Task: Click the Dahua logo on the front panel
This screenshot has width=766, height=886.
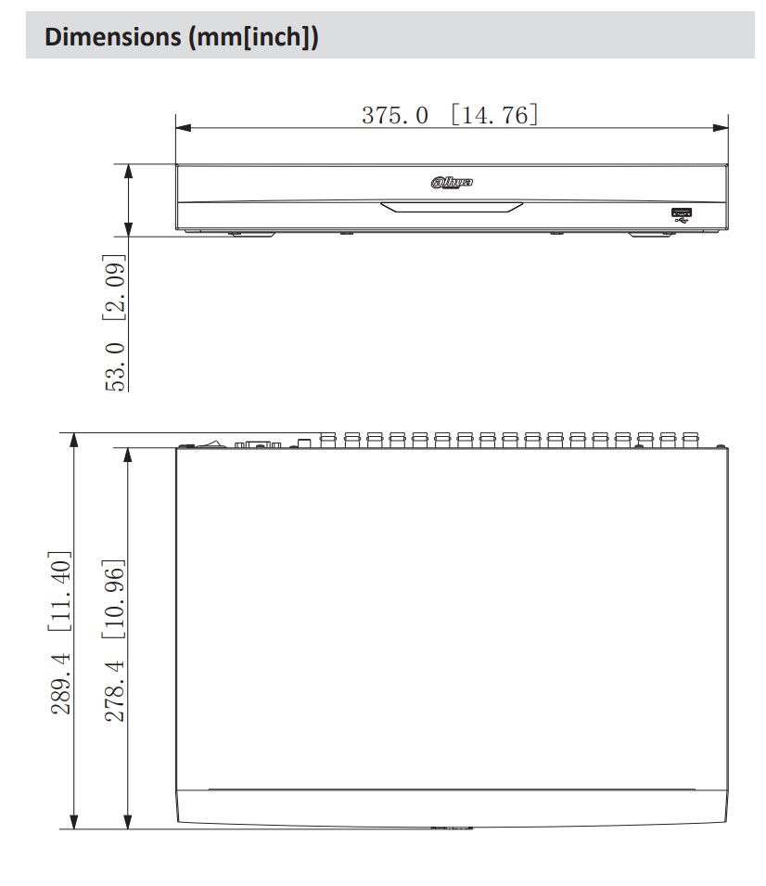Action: tap(452, 183)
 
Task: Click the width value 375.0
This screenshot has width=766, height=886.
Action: tap(395, 115)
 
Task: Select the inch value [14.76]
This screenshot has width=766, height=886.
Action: tap(493, 115)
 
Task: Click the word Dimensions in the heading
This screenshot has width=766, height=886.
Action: tap(110, 38)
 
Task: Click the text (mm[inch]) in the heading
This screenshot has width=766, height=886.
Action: tap(251, 38)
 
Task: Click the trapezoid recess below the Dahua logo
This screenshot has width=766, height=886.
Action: tap(452, 207)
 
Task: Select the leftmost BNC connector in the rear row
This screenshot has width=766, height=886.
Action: tap(328, 439)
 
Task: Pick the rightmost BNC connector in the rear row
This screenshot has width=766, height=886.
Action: tap(690, 439)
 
